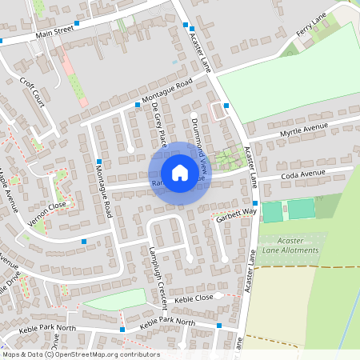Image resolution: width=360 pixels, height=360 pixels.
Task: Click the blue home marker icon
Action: pyautogui.click(x=180, y=172)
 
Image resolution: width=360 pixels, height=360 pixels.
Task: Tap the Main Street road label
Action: pyautogui.click(x=54, y=34)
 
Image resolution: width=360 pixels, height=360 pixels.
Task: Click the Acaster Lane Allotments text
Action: pyautogui.click(x=286, y=245)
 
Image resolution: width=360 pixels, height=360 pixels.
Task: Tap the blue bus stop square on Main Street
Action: pyautogui.click(x=77, y=25)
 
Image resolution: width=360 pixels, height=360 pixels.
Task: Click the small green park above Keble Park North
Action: pyautogui.click(x=116, y=302)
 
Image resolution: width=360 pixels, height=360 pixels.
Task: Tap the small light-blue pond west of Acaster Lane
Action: pyautogui.click(x=175, y=61)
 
